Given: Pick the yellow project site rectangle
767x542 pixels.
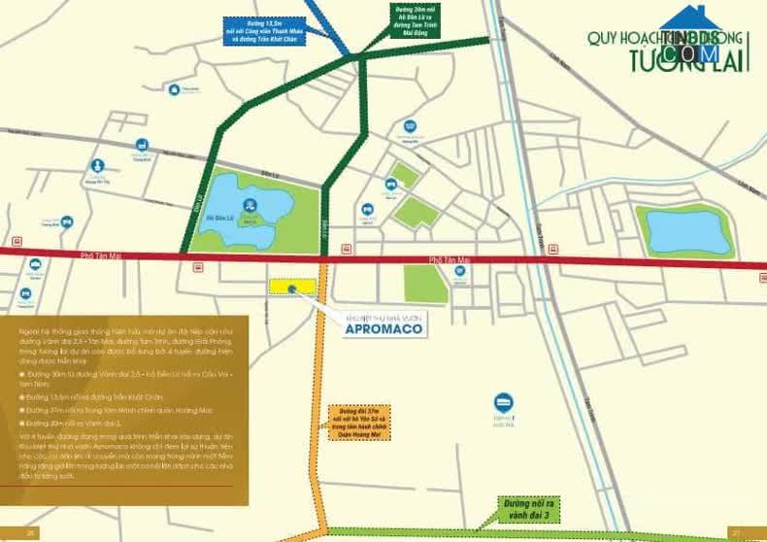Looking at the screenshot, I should (x=292, y=287).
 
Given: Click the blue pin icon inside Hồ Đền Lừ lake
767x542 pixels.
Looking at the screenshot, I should (x=250, y=205).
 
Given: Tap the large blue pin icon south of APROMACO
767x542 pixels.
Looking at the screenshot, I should (x=503, y=402).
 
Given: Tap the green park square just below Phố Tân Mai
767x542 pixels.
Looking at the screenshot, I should (x=424, y=285).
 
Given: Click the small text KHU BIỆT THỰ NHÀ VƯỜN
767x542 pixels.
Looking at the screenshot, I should (x=383, y=316).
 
